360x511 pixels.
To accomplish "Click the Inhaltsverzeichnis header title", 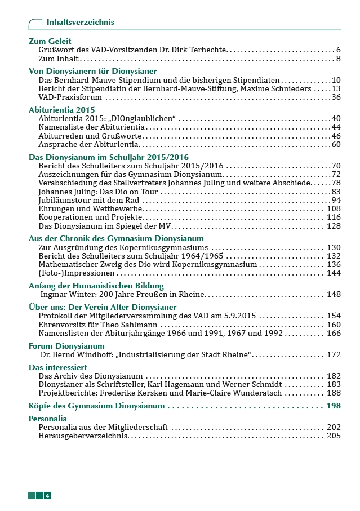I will point(80,22).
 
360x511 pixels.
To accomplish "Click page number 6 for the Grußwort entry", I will point(338,50).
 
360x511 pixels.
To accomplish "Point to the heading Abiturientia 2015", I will point(62,110).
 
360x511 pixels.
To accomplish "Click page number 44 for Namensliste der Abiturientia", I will point(336,127).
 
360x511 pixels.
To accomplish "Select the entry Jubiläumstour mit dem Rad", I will point(92,200).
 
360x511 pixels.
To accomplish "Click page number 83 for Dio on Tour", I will point(336,192).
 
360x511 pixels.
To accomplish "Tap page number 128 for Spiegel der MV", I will point(334,226).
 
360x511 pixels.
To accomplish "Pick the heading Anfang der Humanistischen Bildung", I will point(96,286).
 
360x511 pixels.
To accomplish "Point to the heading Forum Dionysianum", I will point(66,346).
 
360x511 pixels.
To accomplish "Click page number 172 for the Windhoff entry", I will point(334,354).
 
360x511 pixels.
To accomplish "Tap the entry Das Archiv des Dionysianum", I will point(91,376).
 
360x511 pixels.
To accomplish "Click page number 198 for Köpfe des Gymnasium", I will point(334,406).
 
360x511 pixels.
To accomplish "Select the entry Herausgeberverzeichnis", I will point(83,436).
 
